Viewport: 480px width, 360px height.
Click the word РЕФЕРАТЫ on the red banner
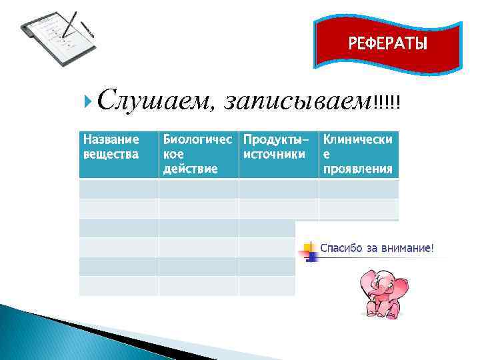pyautogui.click(x=388, y=44)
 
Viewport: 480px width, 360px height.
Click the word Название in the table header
pyautogui.click(x=110, y=140)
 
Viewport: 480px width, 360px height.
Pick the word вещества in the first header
pyautogui.click(x=110, y=154)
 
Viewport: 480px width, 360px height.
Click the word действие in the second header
pyautogui.click(x=189, y=169)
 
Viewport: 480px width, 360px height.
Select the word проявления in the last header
pyautogui.click(x=357, y=169)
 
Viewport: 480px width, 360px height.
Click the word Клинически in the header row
pyautogui.click(x=357, y=140)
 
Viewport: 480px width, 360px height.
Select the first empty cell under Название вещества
pyautogui.click(x=119, y=189)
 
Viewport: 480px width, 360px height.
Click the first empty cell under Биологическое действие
pyautogui.click(x=198, y=189)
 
